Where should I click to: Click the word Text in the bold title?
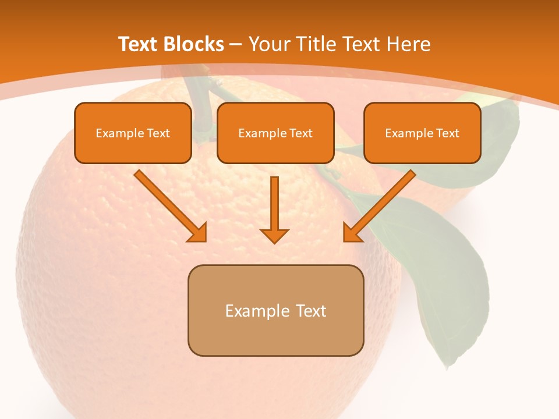point(138,44)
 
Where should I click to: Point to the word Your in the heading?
point(270,44)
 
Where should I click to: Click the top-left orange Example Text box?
point(133,133)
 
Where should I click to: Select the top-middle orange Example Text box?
point(275,133)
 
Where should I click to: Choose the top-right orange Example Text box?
point(422,133)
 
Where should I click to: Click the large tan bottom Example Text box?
point(275,310)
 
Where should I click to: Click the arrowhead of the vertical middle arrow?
point(274,235)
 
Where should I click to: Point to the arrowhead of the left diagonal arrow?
point(198,233)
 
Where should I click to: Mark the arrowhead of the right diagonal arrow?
point(352,233)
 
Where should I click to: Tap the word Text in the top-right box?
point(448,133)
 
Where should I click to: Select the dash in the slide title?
point(236,45)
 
